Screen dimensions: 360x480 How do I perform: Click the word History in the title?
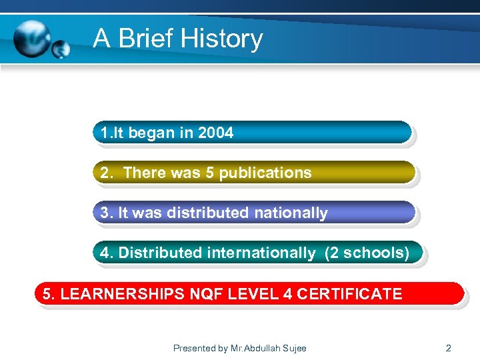click(226, 39)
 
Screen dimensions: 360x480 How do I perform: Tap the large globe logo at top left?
click(31, 38)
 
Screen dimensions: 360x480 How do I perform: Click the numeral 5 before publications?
click(210, 173)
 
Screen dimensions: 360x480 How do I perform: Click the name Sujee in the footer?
click(294, 348)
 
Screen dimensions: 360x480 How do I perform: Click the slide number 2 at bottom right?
click(448, 348)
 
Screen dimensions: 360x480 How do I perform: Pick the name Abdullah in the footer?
click(261, 348)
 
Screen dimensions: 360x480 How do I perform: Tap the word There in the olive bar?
click(142, 173)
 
